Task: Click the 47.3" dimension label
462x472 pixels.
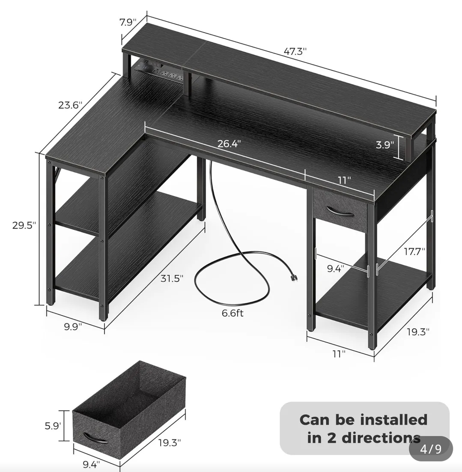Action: point(295,51)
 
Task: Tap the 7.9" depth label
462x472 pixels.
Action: point(128,22)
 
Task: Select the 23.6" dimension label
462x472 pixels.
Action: point(70,105)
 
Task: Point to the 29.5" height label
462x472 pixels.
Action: point(24,225)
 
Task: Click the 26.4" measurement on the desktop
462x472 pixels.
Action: point(230,143)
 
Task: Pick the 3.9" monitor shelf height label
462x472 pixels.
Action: point(385,145)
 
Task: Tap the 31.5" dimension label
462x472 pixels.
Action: point(172,278)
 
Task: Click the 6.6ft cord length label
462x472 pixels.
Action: point(232,313)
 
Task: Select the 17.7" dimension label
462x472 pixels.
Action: point(414,251)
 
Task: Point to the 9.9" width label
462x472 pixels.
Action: point(73,326)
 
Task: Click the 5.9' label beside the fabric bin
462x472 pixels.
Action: point(53,426)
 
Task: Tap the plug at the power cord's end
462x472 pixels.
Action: point(294,278)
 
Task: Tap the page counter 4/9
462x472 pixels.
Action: point(431,449)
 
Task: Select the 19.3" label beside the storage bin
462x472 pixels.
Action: point(170,442)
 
